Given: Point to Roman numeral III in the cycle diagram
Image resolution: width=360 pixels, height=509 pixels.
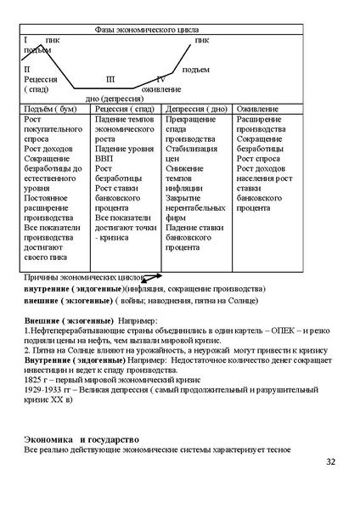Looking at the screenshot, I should point(111,78).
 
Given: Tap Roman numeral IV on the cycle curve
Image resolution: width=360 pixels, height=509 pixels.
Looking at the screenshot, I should point(160,78).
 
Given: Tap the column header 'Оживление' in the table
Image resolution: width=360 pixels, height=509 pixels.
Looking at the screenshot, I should point(256,109).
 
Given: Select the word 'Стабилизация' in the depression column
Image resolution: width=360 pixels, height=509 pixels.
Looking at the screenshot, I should point(195,148).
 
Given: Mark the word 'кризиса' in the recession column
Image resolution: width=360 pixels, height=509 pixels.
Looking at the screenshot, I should point(116,237).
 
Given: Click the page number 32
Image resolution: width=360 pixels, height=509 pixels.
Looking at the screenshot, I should point(331,462).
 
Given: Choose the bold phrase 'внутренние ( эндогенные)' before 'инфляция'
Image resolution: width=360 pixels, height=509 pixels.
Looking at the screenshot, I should point(73,288).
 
